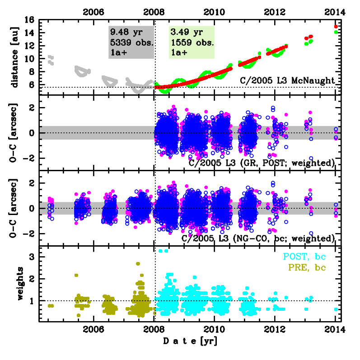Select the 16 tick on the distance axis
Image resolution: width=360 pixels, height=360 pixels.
30,20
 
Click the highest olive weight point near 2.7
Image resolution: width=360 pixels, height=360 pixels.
138,263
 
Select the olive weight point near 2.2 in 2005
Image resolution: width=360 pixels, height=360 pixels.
76,275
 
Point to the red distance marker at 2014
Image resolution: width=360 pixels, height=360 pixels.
336,27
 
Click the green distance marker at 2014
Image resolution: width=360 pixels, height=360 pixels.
336,32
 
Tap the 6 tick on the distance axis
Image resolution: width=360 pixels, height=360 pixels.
33,84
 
